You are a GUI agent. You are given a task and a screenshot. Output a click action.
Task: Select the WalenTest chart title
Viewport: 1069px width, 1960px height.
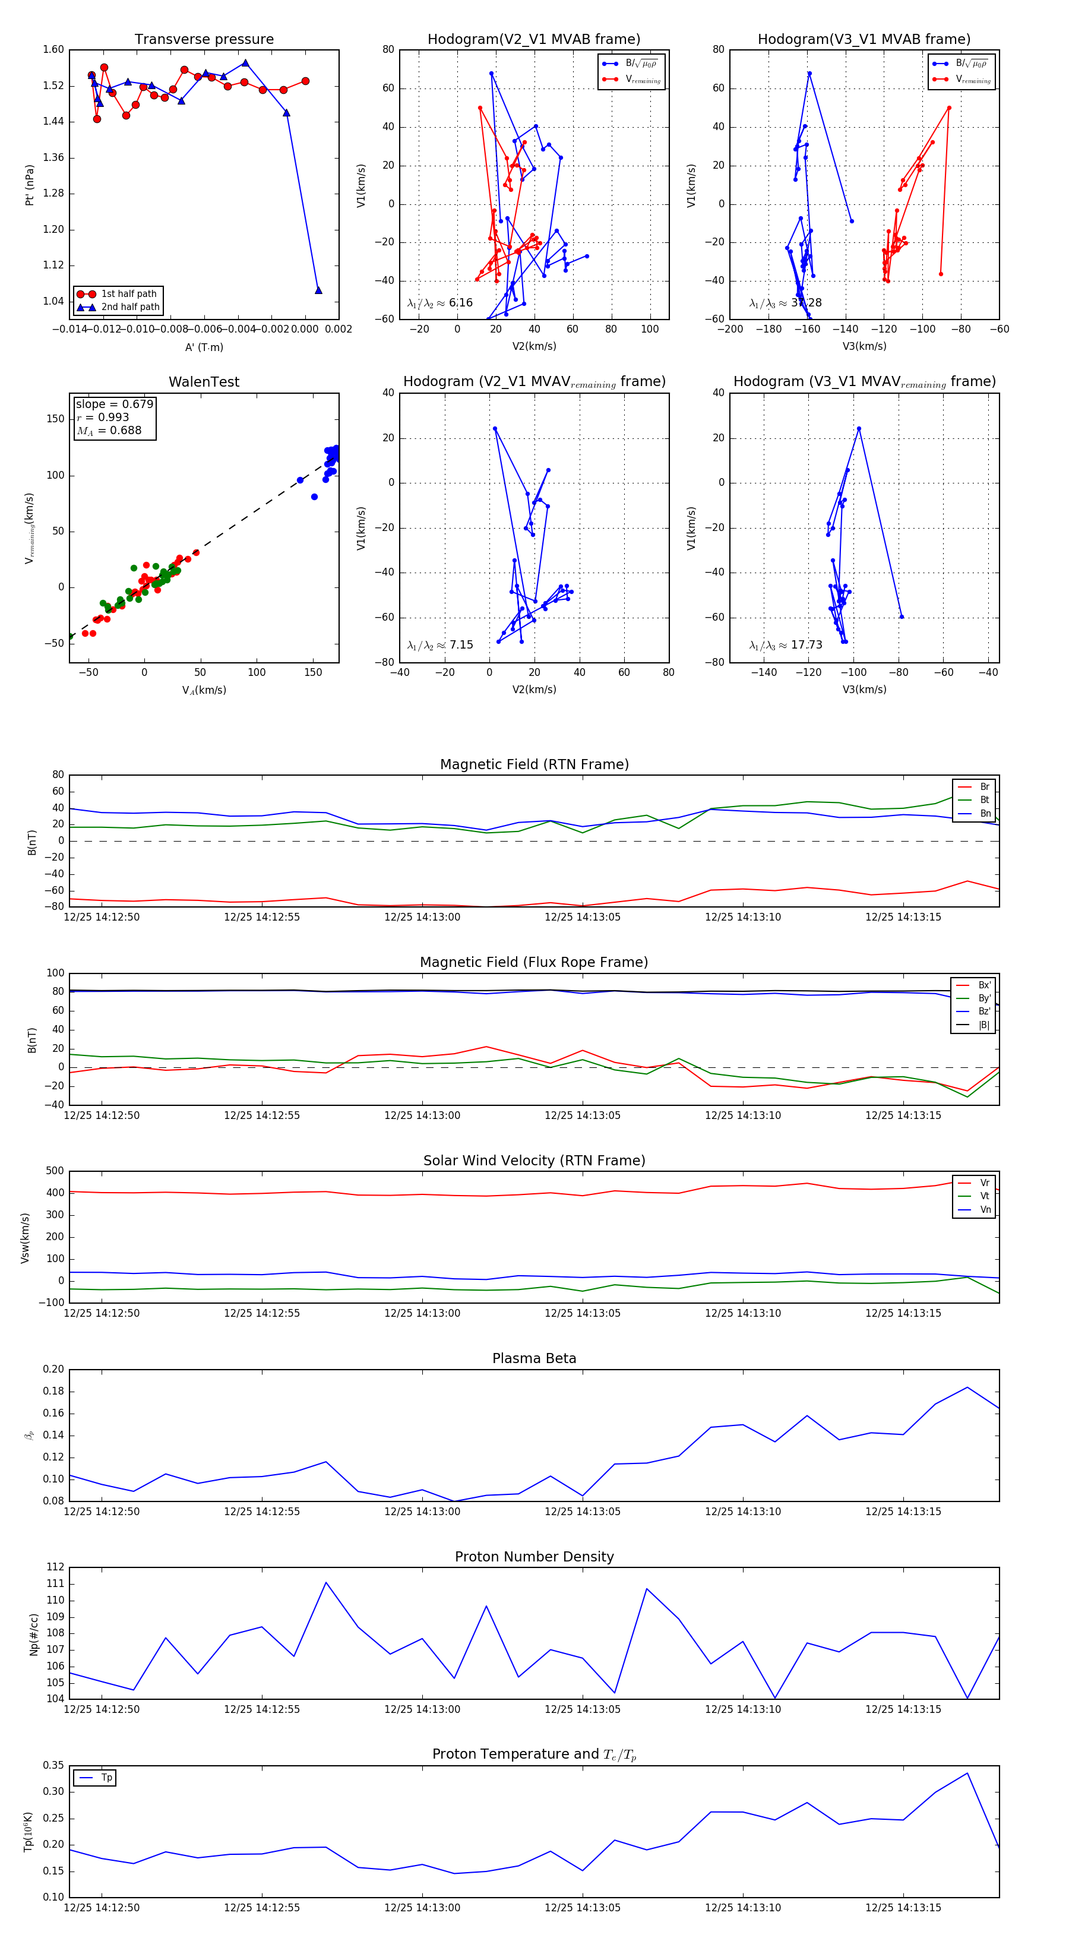204,382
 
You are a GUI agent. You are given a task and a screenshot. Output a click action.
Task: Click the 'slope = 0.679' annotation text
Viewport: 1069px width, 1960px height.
114,404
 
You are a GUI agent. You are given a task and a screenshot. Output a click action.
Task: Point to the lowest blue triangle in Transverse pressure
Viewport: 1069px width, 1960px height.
318,290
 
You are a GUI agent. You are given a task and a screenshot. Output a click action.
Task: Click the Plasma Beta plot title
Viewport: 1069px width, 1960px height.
534,1359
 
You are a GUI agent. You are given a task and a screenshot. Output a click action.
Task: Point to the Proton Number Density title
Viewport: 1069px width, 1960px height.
534,1557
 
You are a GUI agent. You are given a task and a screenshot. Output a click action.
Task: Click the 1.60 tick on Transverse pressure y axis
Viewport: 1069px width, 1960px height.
53,50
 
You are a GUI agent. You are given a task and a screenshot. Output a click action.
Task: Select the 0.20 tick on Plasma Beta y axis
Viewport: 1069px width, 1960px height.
53,1370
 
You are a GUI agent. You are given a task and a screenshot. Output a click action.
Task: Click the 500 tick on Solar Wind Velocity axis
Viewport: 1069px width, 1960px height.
55,1171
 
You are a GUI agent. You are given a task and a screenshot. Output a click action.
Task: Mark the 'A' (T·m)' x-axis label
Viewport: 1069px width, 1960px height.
204,347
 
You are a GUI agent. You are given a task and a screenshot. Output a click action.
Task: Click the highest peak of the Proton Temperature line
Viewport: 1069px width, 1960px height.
967,1774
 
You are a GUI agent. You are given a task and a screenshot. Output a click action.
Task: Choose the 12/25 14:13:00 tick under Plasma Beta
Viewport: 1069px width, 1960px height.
422,1512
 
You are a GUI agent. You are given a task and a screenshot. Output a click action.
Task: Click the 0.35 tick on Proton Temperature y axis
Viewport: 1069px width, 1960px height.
53,1765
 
